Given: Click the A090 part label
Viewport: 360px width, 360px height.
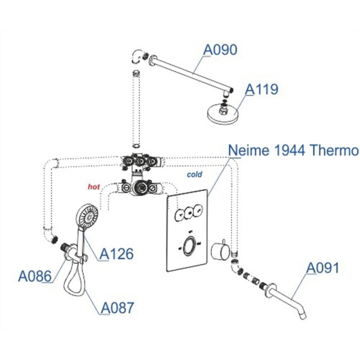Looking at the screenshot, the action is (x=220, y=50).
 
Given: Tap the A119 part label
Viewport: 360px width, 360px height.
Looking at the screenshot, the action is (x=261, y=89).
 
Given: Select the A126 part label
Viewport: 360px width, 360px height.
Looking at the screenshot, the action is (x=117, y=254).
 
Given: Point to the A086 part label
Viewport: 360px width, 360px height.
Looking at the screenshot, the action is (x=35, y=276).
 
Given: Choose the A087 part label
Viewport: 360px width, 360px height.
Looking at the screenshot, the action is (x=117, y=308).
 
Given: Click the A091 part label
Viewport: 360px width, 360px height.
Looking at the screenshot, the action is (x=323, y=268).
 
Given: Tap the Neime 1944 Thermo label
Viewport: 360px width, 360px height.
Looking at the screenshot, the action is (x=293, y=150).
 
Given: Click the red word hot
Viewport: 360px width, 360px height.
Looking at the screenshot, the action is (x=94, y=187).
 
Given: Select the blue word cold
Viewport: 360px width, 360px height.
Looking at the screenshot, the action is (x=194, y=175).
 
